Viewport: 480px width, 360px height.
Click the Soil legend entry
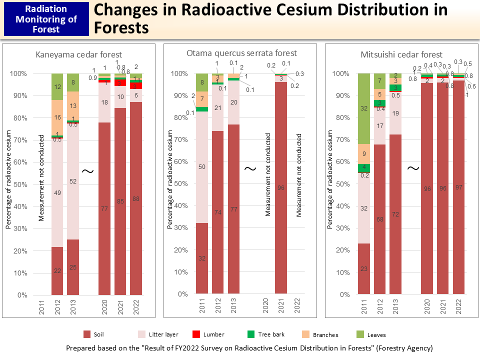[98, 334]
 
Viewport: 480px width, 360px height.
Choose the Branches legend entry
[325, 334]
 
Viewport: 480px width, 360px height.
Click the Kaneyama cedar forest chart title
[79, 54]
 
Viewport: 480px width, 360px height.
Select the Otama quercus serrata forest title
[241, 53]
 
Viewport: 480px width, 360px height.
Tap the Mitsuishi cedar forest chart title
[401, 54]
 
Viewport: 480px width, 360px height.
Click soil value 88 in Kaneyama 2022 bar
[136, 198]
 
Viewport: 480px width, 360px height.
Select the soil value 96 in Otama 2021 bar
[281, 188]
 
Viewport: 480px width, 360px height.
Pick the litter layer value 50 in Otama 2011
[202, 166]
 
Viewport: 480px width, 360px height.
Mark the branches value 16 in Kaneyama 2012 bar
[57, 118]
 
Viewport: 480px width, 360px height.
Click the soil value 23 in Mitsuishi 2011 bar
[363, 268]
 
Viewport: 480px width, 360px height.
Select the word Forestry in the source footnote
[380, 347]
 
